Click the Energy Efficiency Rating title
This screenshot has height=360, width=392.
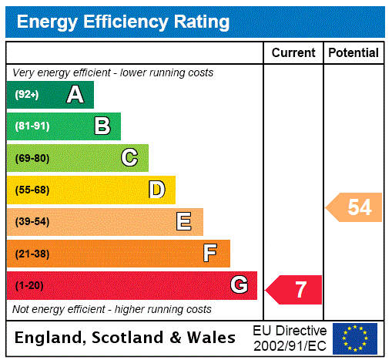[x=123, y=22]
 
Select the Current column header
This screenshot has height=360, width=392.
[x=293, y=53]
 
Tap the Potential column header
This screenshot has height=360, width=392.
[x=353, y=53]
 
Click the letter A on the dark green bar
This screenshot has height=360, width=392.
[x=75, y=95]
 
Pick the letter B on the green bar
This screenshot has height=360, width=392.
[x=102, y=126]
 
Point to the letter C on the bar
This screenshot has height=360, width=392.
[x=129, y=158]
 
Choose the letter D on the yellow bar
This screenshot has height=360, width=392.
[x=157, y=190]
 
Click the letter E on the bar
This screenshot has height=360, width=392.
[x=184, y=222]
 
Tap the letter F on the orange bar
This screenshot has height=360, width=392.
[x=210, y=253]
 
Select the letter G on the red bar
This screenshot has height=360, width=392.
[x=239, y=285]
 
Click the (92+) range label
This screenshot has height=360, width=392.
[x=27, y=95]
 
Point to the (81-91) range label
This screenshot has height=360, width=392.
[x=32, y=126]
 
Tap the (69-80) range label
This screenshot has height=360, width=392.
[x=32, y=158]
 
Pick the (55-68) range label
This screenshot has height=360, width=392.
[x=32, y=190]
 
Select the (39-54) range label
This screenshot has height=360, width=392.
[x=32, y=222]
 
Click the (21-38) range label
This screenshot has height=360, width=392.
[x=32, y=254]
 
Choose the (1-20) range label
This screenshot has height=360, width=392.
[x=29, y=286]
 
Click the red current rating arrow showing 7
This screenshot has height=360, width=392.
[x=294, y=290]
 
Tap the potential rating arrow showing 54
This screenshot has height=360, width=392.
[x=354, y=207]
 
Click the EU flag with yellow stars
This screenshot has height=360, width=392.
[x=355, y=338]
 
